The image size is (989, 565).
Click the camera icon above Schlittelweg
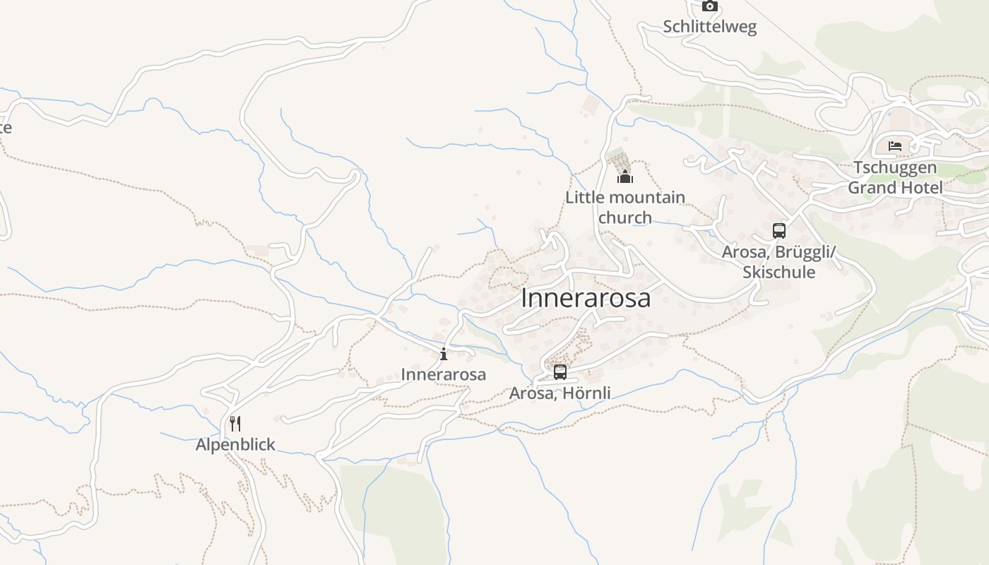click(x=710, y=6)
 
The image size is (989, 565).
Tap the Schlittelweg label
click(x=709, y=27)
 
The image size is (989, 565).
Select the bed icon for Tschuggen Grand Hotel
click(x=895, y=147)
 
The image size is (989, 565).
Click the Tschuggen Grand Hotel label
click(x=895, y=178)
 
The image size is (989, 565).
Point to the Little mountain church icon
click(x=625, y=176)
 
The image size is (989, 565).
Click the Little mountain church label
click(x=625, y=207)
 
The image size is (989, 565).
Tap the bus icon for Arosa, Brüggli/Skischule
click(x=779, y=231)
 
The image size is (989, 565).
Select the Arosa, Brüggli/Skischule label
click(x=779, y=262)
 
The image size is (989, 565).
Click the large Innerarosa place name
click(x=586, y=298)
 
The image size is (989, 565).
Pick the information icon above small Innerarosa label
click(x=444, y=354)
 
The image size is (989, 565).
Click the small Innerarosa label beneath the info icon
click(x=444, y=374)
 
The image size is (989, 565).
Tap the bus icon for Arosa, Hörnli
click(x=560, y=371)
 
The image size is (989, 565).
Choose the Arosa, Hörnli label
click(x=560, y=393)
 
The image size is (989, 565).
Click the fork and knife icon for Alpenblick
click(x=235, y=424)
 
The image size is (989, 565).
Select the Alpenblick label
click(x=235, y=445)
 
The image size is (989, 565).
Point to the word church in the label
click(x=625, y=218)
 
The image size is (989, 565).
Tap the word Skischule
click(x=779, y=273)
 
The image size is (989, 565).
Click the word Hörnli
click(x=586, y=393)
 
